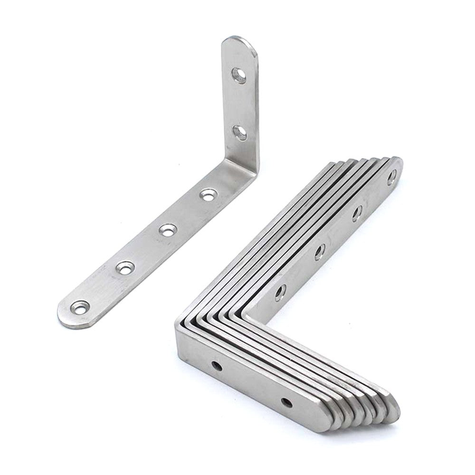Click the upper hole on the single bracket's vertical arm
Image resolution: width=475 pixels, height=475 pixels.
click(239, 75)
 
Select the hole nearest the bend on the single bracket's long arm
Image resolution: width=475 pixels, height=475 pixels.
click(208, 194)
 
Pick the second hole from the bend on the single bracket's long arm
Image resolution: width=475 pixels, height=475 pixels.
click(166, 230)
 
